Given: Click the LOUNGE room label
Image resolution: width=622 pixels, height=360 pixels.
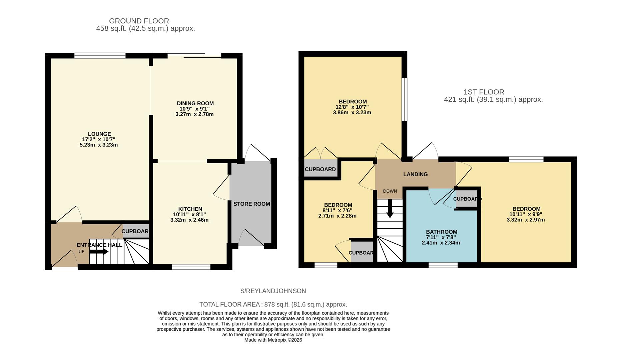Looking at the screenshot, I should pos(99,134).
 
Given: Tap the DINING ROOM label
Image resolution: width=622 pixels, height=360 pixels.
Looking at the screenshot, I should pos(195,103).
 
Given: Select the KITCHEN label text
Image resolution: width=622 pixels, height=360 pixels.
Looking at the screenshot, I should pos(190,209).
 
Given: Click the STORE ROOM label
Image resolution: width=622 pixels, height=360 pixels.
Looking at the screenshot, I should pos(251,204).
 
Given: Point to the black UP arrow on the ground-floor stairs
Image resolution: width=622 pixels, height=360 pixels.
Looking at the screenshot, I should pos(99,252).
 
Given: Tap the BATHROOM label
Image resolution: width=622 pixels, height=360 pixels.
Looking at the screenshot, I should pos(441,232).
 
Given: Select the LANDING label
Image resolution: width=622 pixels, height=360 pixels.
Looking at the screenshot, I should pos(415,174).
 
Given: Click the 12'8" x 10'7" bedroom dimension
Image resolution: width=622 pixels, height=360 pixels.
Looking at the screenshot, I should pos(352,107).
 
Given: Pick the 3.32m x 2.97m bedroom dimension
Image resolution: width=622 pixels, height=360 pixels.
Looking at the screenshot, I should pos(525,220).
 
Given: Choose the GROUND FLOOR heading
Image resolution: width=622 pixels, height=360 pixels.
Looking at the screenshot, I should pos(139,21).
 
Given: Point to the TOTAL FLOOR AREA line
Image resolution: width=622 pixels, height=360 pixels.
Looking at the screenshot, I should pos(273,304).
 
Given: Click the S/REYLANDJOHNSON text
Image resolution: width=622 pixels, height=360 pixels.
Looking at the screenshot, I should pos(273,291).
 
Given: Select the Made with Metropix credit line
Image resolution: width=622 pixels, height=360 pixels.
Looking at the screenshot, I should pos(273,340).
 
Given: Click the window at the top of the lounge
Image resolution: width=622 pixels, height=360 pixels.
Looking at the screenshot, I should pos(100,55).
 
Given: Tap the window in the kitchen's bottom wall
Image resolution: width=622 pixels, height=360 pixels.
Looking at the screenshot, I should pos(191,266).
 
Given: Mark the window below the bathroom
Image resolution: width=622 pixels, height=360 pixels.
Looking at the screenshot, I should pos(443,265).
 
